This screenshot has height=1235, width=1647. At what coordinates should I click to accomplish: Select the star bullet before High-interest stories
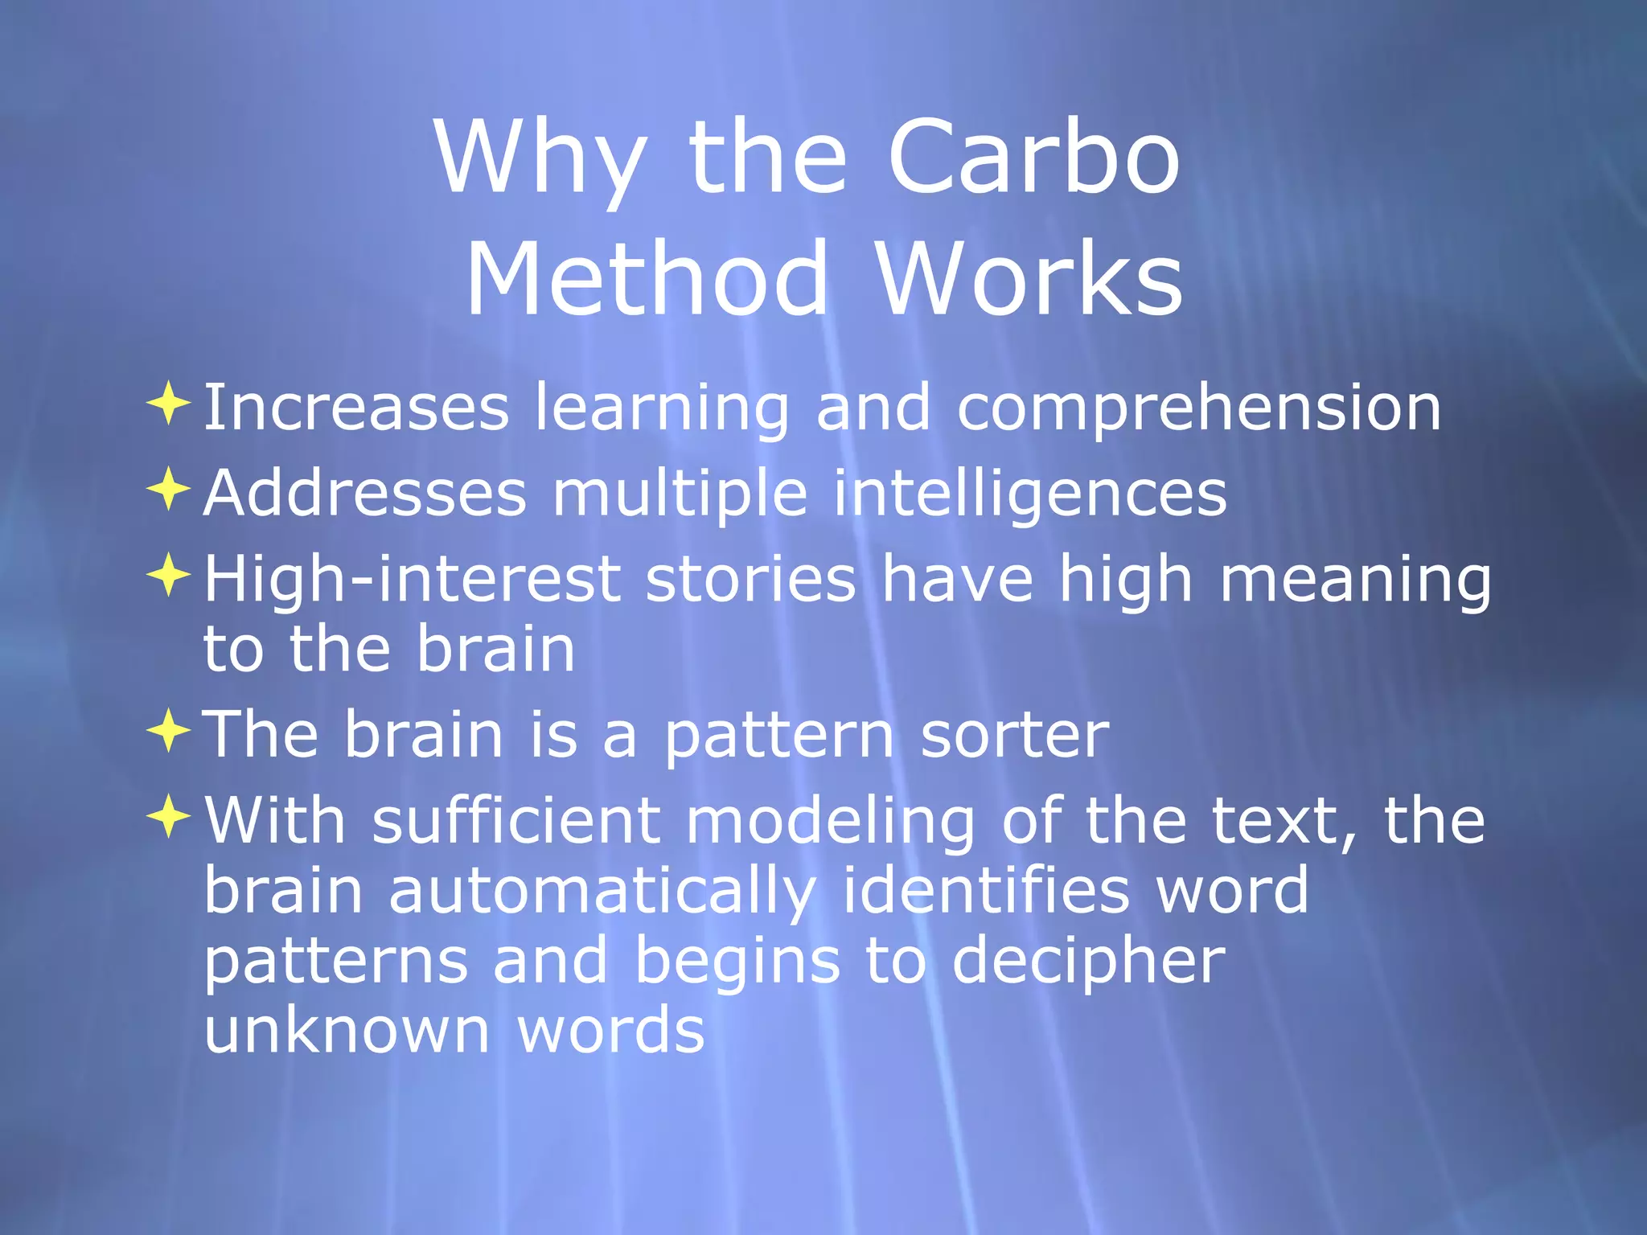pyautogui.click(x=169, y=574)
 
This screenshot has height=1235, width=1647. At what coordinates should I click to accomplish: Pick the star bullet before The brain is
pyautogui.click(x=169, y=730)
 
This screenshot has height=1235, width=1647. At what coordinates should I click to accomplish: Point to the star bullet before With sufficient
pyautogui.click(x=169, y=816)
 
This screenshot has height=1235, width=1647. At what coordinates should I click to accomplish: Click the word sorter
pyautogui.click(x=1015, y=735)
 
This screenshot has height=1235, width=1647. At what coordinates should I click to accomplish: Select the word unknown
pyautogui.click(x=347, y=1030)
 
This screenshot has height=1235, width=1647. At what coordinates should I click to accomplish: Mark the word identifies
pyautogui.click(x=985, y=891)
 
